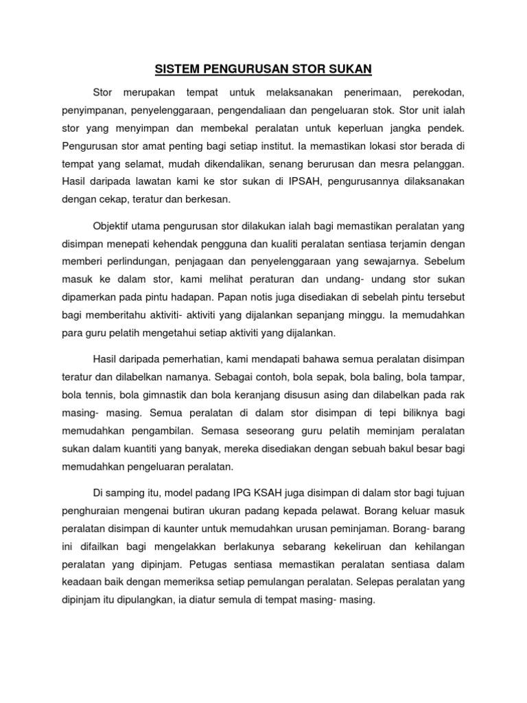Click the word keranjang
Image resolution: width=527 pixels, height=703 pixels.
pyautogui.click(x=266, y=395)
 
